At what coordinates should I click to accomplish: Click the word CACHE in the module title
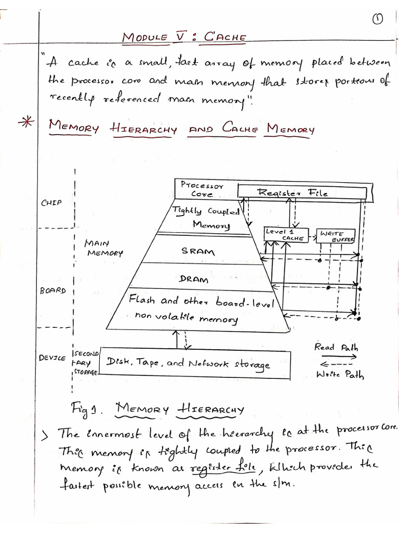coord(224,37)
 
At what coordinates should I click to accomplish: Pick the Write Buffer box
coord(337,236)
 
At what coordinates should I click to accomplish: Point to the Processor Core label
coord(202,188)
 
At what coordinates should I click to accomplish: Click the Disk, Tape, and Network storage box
coord(189,363)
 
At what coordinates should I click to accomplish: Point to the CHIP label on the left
coord(51,202)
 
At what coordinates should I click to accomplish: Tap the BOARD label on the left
coord(52,290)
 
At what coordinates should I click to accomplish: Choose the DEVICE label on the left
coord(52,358)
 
